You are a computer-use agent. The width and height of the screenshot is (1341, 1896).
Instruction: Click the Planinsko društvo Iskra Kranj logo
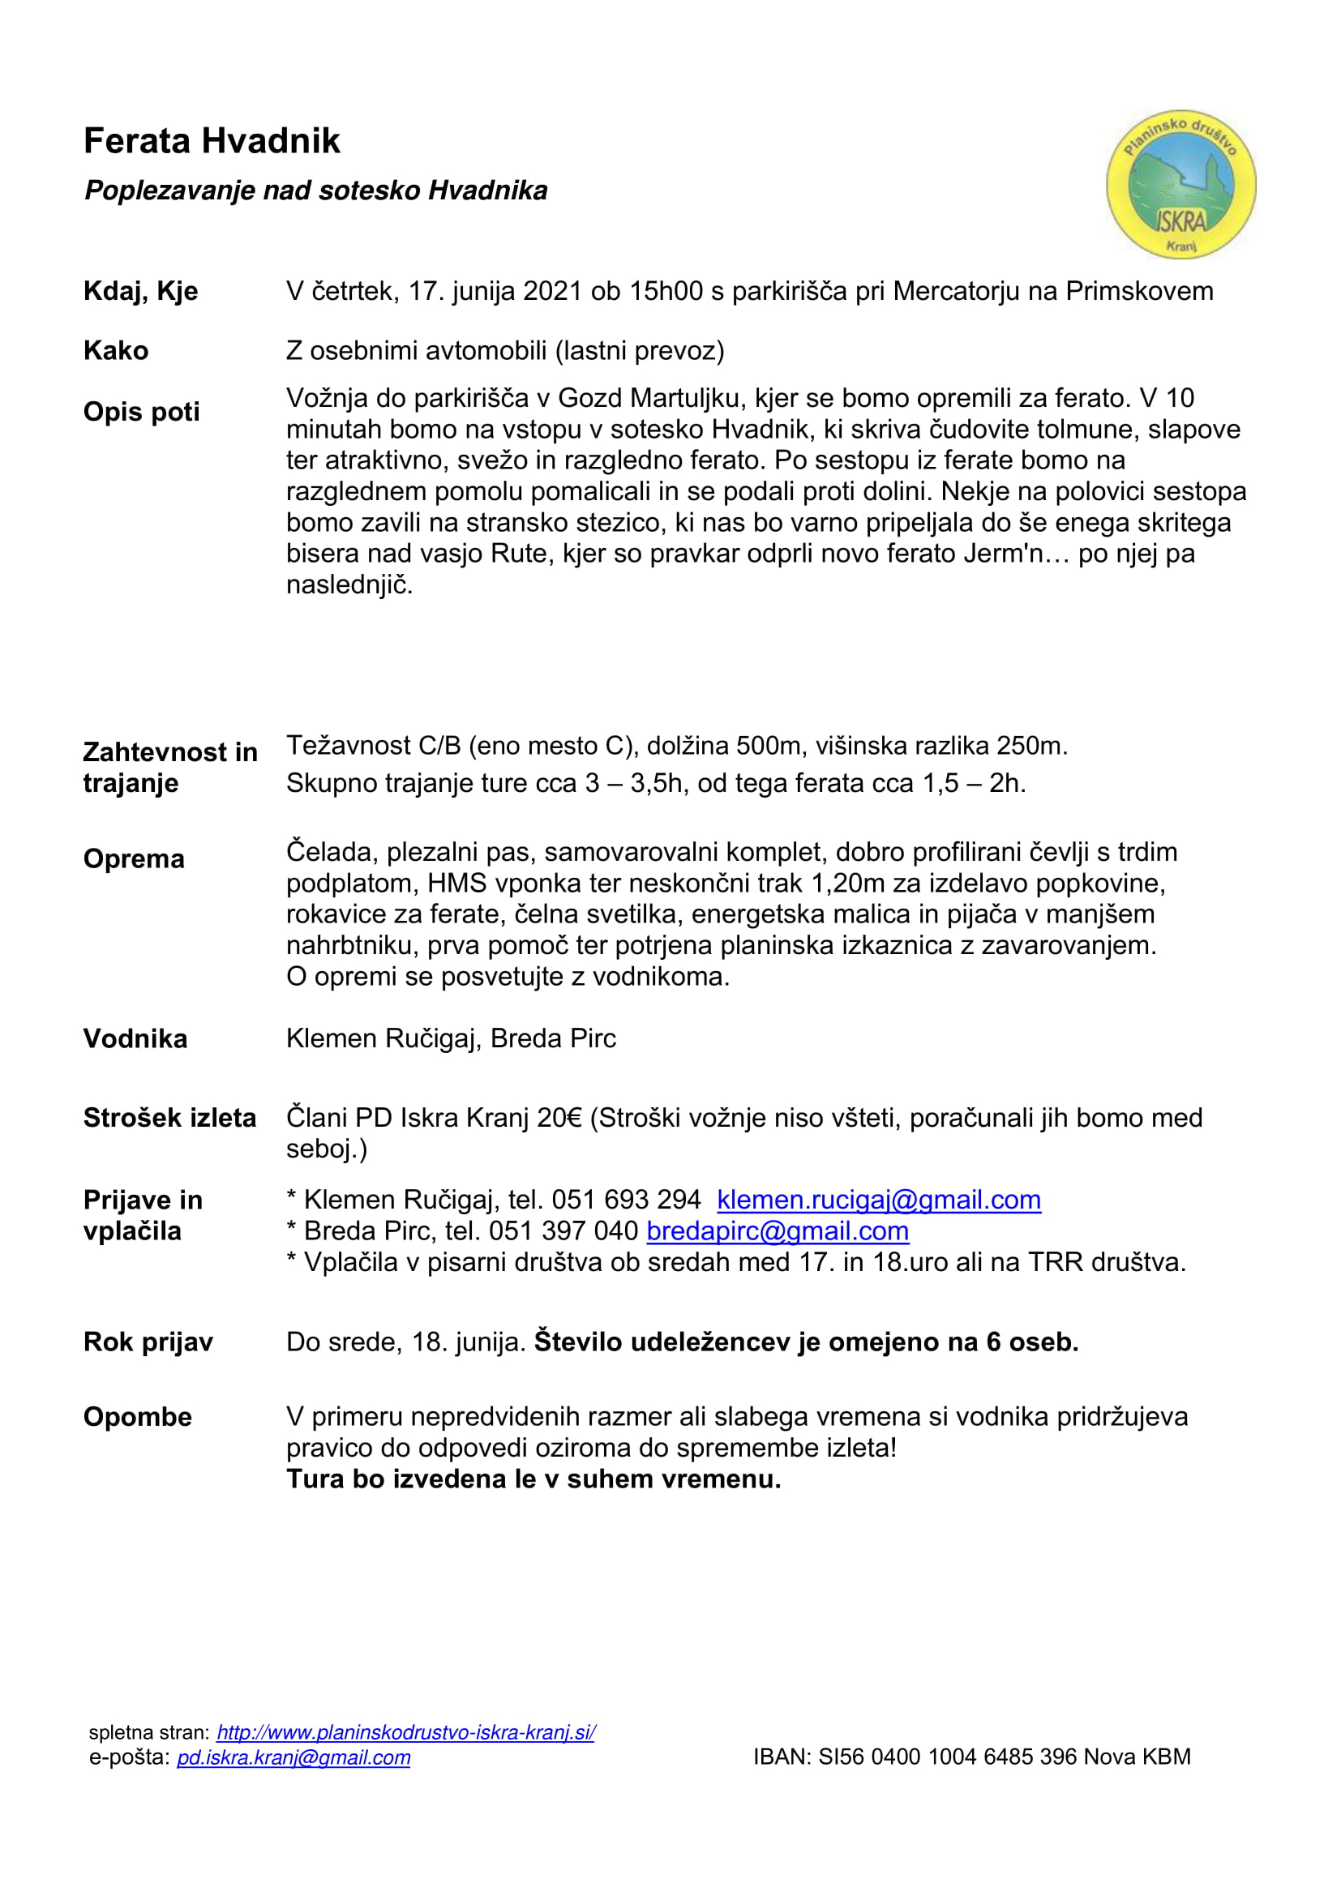(1180, 184)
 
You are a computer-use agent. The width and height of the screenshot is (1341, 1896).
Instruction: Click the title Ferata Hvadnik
(212, 141)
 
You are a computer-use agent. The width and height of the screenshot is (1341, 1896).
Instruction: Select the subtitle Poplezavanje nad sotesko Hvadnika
(315, 190)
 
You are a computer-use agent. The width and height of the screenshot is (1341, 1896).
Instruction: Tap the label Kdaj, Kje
(140, 292)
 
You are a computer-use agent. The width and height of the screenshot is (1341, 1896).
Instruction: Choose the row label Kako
(116, 351)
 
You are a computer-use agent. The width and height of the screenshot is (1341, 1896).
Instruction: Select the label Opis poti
(141, 411)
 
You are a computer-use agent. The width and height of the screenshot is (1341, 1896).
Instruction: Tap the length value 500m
(769, 747)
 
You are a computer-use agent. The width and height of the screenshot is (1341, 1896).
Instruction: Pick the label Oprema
(134, 858)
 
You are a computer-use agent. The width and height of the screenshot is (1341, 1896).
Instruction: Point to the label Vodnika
(135, 1039)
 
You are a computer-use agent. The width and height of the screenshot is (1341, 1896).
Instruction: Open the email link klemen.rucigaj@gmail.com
(879, 1200)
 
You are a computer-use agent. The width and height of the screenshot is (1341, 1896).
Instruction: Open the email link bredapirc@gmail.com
(777, 1231)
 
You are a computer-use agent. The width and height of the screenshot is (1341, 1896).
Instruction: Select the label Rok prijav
(148, 1342)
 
